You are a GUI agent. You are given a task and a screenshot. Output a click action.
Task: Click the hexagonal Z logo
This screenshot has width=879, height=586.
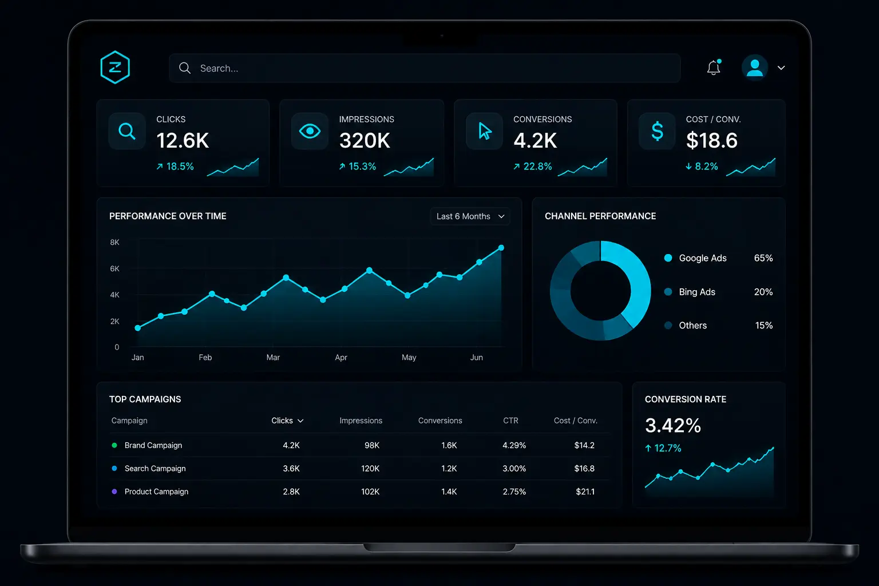point(115,67)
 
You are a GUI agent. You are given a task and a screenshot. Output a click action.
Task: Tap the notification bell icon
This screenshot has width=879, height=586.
point(714,68)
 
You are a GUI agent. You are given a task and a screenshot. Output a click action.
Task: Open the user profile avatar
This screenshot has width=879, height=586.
point(754,68)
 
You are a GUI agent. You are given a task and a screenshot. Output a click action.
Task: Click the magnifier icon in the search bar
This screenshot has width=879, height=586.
point(185,68)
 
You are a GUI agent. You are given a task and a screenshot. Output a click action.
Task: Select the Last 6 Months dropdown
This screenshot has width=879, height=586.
point(470,216)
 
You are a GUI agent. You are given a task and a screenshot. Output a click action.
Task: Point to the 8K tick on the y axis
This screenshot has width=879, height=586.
point(114,242)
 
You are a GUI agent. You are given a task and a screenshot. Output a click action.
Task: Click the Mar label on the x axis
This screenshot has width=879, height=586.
point(273,357)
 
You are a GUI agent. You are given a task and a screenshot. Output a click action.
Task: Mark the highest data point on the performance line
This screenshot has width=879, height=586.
point(501,248)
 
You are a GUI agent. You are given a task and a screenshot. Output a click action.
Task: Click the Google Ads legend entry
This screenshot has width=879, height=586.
point(702,258)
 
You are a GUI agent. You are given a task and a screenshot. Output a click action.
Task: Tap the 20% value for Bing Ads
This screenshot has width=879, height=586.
point(763,292)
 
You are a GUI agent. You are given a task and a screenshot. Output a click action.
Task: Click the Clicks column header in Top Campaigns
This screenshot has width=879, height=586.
point(287,421)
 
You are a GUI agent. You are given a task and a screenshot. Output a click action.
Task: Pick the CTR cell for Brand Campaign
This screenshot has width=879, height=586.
point(514,445)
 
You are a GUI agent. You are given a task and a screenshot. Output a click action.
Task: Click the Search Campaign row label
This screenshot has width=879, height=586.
point(155,468)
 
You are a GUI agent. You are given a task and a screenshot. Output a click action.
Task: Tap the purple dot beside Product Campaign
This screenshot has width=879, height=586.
point(114,492)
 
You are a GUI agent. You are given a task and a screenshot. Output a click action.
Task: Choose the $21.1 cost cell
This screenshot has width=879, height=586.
point(585,492)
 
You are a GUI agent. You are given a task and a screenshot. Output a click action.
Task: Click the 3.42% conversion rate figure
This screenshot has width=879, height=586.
point(673,425)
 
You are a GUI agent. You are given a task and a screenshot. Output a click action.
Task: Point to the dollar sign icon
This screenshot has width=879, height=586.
point(658,131)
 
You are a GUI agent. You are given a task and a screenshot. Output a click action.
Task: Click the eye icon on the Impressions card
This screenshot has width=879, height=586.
point(310,131)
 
